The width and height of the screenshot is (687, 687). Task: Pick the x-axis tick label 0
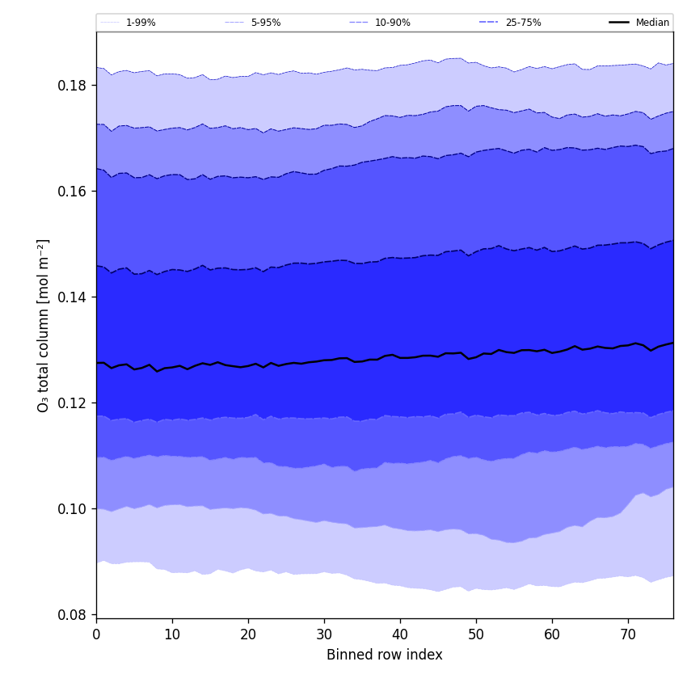pyautogui.click(x=96, y=634)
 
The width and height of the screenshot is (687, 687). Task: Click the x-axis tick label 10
pyautogui.click(x=172, y=634)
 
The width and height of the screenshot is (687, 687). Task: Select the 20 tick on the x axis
pyautogui.click(x=248, y=634)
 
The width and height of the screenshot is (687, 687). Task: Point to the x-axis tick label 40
pyautogui.click(x=400, y=634)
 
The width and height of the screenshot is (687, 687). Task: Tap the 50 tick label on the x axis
pyautogui.click(x=476, y=634)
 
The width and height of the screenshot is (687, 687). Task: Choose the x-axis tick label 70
pyautogui.click(x=628, y=634)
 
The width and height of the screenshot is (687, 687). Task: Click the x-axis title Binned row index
pyautogui.click(x=385, y=655)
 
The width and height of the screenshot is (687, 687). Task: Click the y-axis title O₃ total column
pyautogui.click(x=44, y=325)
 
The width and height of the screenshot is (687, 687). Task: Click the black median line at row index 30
pyautogui.click(x=324, y=360)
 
